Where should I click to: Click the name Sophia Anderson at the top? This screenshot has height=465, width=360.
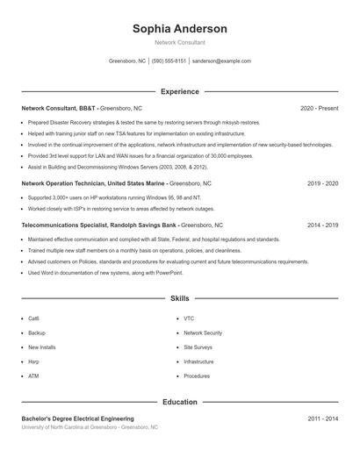coord(179,29)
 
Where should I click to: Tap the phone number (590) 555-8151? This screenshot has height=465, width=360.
coord(169,61)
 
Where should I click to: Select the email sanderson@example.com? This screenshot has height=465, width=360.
coord(221,61)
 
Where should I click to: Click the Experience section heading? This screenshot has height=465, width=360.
coord(179,91)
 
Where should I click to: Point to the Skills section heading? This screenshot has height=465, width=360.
coord(179,299)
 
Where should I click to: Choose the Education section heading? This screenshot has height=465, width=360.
coord(179,402)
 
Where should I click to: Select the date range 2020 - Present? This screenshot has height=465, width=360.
coord(319,108)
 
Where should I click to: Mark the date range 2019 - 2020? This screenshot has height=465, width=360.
coord(322,183)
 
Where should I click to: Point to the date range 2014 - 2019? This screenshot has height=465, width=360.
coord(322,225)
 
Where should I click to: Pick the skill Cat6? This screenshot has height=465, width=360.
coord(33,318)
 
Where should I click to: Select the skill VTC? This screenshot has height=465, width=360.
coord(189,318)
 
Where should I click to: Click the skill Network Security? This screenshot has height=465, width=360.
coord(203,333)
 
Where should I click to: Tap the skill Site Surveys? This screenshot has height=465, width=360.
coord(198,347)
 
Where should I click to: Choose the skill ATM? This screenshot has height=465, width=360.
coord(33,376)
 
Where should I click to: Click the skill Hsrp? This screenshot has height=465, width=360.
coord(33,361)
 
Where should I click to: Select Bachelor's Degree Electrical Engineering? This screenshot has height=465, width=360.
coord(78,418)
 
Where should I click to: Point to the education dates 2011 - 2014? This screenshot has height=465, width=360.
coord(322,418)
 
